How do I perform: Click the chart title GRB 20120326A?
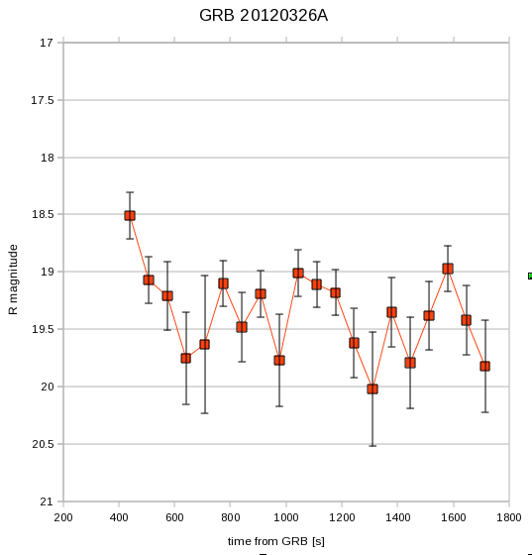264,16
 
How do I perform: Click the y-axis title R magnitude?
13,279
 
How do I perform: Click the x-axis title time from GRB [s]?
275,541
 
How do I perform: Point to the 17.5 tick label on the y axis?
43,100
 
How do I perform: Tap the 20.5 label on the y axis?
44,444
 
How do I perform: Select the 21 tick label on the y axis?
47,501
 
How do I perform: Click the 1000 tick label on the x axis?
286,517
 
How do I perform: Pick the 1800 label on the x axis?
509,517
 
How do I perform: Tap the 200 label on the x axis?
63,517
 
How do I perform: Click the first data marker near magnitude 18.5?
130,216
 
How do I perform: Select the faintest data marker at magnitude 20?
372,388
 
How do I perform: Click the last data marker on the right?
485,366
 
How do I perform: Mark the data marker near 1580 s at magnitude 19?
448,269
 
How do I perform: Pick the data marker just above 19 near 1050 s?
298,273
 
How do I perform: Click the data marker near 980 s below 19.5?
279,361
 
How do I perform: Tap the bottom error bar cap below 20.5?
372,446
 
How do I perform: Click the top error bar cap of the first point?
130,192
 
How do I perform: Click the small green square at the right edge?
530,277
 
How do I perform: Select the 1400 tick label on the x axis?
397,517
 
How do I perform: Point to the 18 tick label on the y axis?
48,158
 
